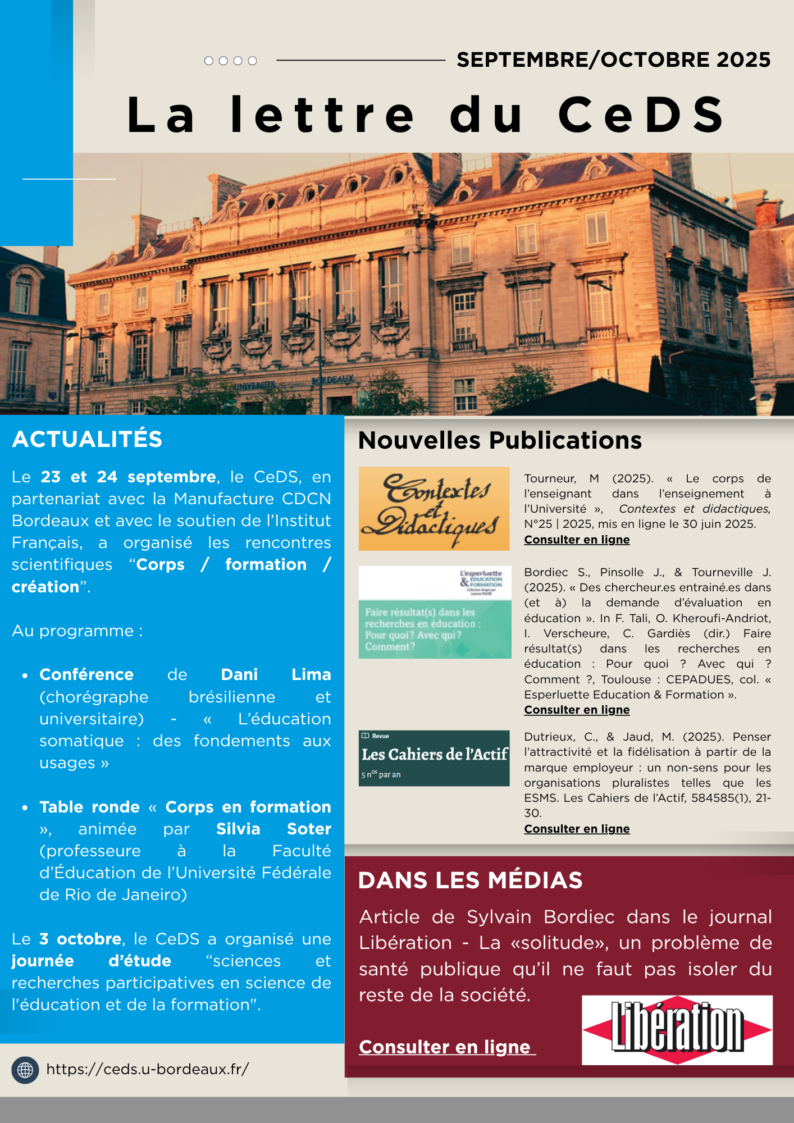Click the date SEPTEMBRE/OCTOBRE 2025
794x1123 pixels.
[x=613, y=60]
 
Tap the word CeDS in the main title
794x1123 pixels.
[x=641, y=115]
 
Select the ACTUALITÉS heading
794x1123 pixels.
[x=87, y=439]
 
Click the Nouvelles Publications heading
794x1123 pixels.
[x=500, y=440]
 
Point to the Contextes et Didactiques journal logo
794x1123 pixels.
[x=434, y=509]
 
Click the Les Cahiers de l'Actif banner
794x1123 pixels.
[x=434, y=758]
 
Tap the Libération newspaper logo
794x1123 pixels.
[x=677, y=1030]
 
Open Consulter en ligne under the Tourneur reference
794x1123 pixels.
[x=577, y=540]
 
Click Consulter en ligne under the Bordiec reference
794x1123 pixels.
[x=577, y=710]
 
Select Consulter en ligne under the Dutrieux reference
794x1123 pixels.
[x=577, y=829]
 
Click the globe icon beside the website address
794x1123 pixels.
[x=25, y=1070]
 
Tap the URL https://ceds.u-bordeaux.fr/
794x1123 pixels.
[x=147, y=1069]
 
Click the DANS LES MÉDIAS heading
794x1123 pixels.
[x=470, y=880]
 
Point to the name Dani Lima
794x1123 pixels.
[x=276, y=674]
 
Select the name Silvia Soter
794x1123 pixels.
[x=273, y=829]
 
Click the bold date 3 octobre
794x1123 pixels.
[x=80, y=939]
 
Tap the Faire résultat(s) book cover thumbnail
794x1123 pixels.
[x=435, y=612]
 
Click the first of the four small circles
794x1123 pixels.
[x=209, y=61]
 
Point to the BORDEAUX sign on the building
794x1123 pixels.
[x=333, y=381]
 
